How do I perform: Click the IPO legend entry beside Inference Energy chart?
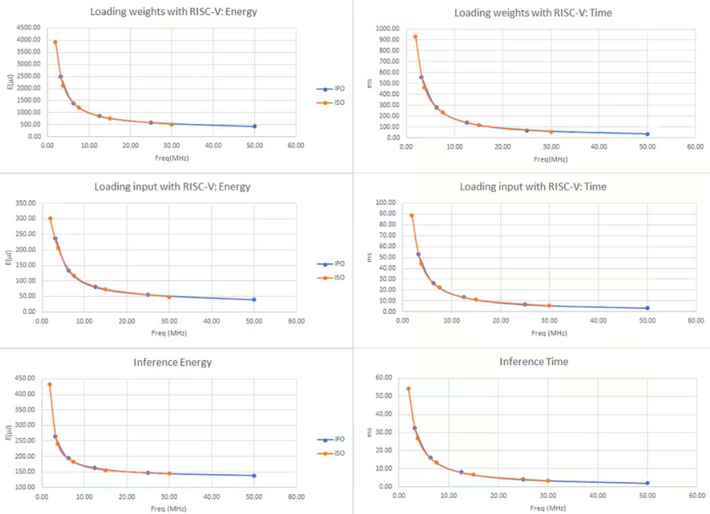click(x=330, y=439)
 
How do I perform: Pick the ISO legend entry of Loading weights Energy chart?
click(x=330, y=103)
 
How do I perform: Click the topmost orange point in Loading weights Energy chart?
click(x=55, y=43)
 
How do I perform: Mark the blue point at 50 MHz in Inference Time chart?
click(x=647, y=484)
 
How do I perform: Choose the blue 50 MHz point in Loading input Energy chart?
click(x=253, y=299)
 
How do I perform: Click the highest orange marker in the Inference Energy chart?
click(x=50, y=384)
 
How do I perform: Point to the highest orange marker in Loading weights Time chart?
click(x=415, y=37)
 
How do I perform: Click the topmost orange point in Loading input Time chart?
click(x=411, y=216)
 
